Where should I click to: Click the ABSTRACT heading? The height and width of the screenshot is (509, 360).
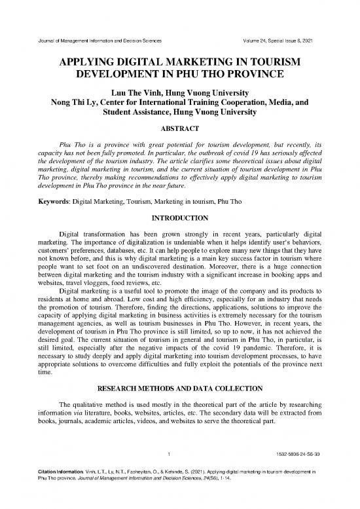[179, 130]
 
